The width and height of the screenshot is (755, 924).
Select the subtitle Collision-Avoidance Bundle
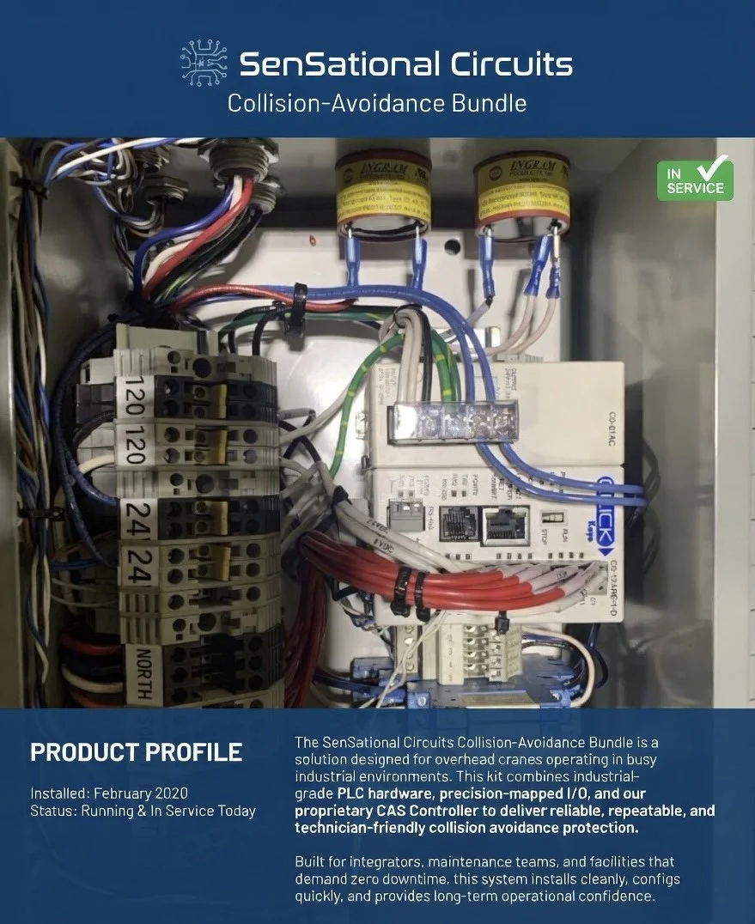(x=376, y=104)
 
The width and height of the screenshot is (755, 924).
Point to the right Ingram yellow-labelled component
(x=521, y=193)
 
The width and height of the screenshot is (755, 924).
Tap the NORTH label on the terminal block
(x=142, y=674)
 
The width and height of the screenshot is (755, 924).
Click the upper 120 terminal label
(x=134, y=396)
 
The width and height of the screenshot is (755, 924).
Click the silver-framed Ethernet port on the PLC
(x=505, y=525)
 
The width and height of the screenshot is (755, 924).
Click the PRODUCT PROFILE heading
(x=136, y=753)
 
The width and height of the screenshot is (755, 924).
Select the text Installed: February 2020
(x=108, y=793)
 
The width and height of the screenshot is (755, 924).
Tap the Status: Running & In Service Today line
(x=143, y=810)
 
